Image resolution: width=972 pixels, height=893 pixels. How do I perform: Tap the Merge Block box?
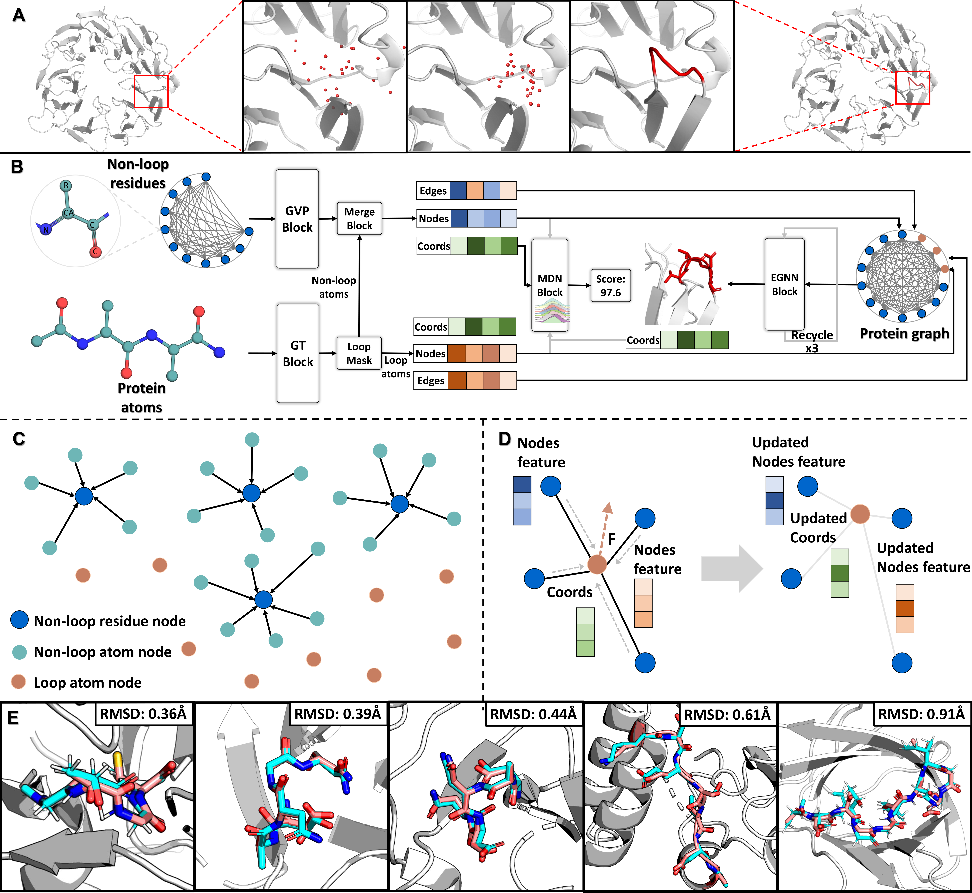(x=359, y=218)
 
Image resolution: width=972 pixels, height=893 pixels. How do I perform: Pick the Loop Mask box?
(x=359, y=353)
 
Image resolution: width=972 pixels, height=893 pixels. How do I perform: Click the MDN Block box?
(x=550, y=285)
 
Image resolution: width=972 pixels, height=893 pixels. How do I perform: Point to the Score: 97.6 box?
(x=611, y=286)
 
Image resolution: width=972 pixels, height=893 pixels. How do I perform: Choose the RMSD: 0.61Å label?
(x=727, y=714)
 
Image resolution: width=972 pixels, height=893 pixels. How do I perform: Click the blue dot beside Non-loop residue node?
(x=19, y=620)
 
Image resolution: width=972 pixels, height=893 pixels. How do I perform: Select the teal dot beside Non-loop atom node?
(x=19, y=652)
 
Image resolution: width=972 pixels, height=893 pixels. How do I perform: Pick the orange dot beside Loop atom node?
(x=19, y=682)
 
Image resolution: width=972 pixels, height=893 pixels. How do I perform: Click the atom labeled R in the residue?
(x=66, y=185)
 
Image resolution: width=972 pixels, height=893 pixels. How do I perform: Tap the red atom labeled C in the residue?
(x=95, y=251)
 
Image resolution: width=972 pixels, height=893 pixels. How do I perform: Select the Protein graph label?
(x=904, y=333)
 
